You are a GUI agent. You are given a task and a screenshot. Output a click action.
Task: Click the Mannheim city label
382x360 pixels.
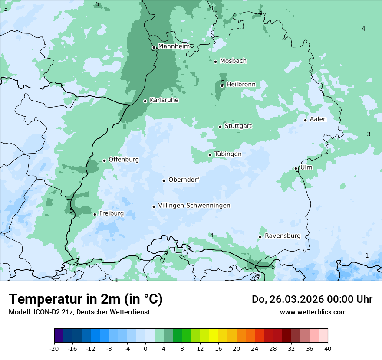tap(174, 46)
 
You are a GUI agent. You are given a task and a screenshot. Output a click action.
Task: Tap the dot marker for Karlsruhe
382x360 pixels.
tap(145, 101)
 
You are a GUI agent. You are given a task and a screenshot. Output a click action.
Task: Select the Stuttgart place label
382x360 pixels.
tap(238, 126)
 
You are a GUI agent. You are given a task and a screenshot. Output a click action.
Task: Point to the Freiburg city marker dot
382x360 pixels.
tap(95, 214)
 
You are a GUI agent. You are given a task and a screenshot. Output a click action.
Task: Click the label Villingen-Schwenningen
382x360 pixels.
tap(194, 206)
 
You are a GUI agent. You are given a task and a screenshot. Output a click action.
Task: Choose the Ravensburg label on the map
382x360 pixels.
tap(283, 236)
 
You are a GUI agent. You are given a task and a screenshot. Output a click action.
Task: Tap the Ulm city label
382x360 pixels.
tap(306, 167)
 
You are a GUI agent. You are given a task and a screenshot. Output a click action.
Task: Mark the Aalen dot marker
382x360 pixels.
tap(306, 120)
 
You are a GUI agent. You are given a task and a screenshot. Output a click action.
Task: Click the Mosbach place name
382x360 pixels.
tap(233, 61)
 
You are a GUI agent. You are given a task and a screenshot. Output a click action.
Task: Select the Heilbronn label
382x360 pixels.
tap(241, 85)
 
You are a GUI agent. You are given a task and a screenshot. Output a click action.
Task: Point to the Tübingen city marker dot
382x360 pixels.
tap(210, 155)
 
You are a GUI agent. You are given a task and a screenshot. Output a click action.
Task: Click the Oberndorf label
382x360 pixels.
tap(184, 180)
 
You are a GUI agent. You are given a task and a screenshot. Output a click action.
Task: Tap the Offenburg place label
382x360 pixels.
tap(124, 160)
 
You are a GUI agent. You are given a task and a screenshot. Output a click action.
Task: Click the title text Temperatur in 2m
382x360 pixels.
tap(86, 299)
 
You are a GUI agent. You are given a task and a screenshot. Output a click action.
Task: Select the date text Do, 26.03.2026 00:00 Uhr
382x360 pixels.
tap(312, 299)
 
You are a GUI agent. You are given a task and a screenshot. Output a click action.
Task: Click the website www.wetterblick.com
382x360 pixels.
tap(313, 312)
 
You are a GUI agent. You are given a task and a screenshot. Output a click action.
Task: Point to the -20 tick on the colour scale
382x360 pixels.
tap(54, 348)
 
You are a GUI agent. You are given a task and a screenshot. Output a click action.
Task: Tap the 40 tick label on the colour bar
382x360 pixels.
tap(328, 348)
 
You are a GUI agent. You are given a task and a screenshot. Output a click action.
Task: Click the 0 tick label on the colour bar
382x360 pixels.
tap(145, 348)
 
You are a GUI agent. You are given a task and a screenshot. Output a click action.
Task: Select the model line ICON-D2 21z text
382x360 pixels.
tap(79, 312)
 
